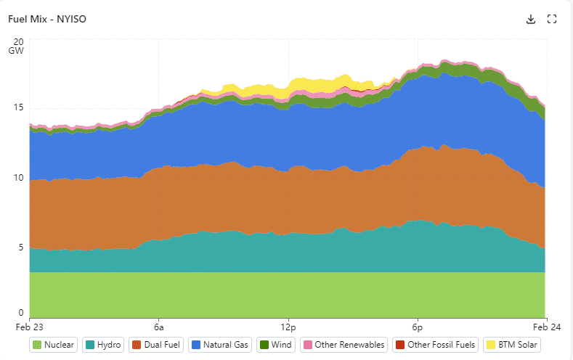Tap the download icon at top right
point(531,20)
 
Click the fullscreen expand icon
point(552,20)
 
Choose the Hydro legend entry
point(103,345)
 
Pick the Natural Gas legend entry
point(219,345)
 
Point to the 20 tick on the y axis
point(18,41)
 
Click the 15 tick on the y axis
point(20,108)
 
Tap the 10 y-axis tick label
point(20,178)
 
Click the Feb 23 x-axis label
point(29,324)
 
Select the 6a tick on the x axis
point(158,324)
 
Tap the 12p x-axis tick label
point(288,324)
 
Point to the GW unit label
point(16,52)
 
